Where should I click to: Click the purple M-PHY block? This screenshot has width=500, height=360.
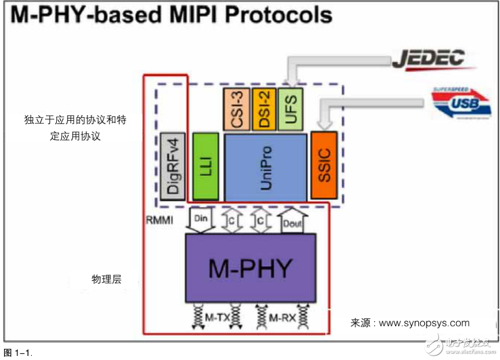[x=250, y=267]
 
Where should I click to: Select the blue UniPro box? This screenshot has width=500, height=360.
[x=266, y=168]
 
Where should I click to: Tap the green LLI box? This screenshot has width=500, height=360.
[x=206, y=167]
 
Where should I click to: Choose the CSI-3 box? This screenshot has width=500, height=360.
[x=236, y=108]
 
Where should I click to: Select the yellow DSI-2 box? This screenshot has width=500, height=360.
[x=264, y=108]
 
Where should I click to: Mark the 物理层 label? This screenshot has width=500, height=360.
[x=106, y=279]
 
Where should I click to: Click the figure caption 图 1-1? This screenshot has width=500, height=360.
[x=18, y=352]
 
